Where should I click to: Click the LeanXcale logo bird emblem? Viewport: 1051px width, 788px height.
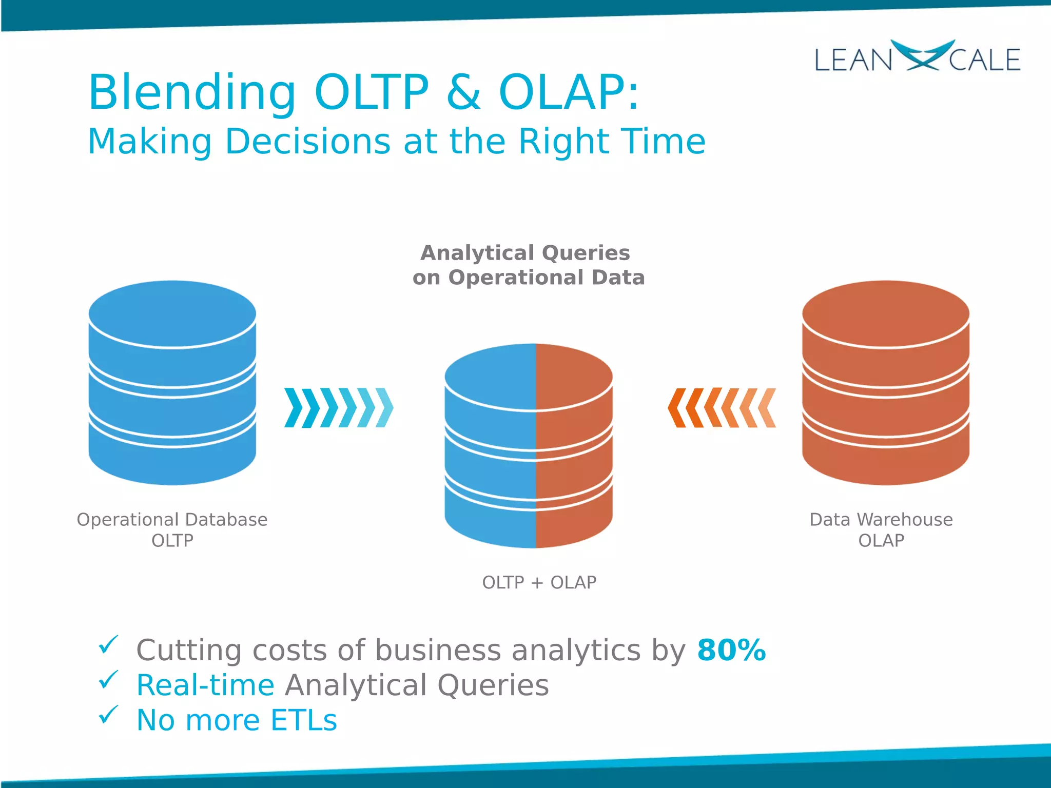(922, 55)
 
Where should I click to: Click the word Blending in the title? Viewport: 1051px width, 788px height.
(192, 93)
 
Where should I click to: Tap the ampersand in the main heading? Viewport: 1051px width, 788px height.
(463, 93)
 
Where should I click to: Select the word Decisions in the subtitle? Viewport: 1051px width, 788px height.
(307, 142)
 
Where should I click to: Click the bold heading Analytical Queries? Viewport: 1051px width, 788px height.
(525, 253)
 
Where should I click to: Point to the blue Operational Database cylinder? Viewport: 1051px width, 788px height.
(172, 382)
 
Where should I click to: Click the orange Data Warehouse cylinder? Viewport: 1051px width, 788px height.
(885, 382)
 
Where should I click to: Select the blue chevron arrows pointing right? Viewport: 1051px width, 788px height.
(339, 408)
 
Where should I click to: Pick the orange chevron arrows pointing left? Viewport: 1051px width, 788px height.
(722, 408)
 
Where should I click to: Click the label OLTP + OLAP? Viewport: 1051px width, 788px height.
(539, 583)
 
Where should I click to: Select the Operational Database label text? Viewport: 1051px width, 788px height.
(172, 520)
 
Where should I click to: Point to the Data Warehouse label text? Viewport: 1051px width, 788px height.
(881, 520)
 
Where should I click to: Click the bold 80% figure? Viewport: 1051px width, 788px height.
(731, 651)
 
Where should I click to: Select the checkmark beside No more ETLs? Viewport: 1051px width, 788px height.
(108, 715)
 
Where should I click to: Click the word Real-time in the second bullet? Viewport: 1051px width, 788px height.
(205, 685)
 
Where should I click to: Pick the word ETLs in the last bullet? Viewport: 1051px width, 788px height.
(303, 720)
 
